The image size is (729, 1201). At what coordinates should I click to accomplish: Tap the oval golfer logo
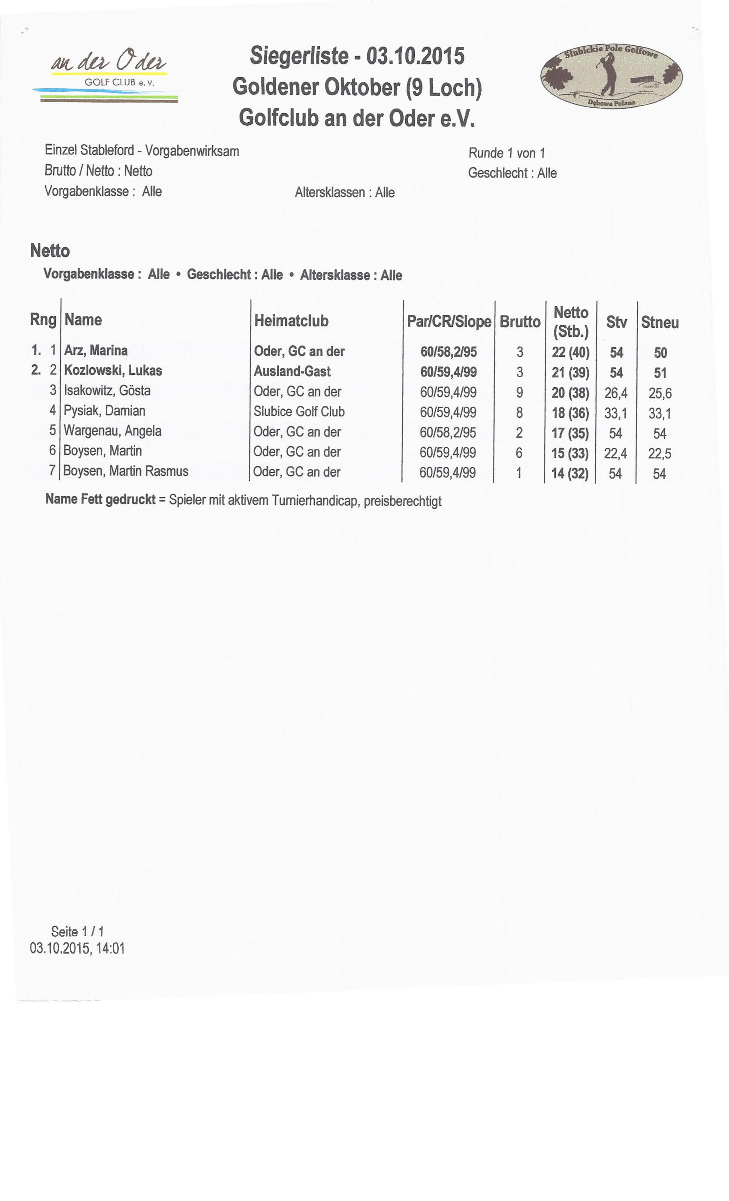[611, 76]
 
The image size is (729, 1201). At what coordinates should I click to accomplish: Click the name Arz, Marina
[96, 350]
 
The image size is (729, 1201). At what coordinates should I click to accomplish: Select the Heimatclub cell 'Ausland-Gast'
[292, 371]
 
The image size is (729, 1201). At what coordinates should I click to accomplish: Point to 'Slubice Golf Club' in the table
[299, 411]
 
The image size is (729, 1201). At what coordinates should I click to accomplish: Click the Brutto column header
[520, 322]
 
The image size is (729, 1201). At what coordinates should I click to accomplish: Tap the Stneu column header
[660, 322]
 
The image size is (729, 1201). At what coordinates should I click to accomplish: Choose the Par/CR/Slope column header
[449, 321]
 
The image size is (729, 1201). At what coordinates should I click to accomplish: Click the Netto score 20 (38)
[570, 393]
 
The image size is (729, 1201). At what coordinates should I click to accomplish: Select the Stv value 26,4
[616, 393]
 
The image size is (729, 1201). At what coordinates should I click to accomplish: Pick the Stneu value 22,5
[660, 453]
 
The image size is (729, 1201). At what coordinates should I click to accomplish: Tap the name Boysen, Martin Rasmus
[126, 471]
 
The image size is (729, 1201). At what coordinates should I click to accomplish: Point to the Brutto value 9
[519, 392]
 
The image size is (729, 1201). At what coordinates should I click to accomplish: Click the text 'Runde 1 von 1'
[507, 153]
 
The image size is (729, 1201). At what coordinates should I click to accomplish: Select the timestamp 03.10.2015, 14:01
[78, 948]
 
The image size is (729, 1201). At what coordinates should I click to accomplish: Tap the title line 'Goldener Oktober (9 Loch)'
[357, 87]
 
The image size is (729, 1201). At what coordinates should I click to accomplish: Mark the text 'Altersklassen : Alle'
[344, 192]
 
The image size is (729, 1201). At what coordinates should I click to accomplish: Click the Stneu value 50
[660, 353]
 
